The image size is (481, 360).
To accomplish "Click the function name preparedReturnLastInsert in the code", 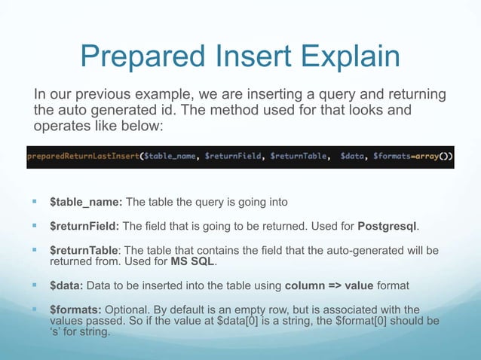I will pos(80,156).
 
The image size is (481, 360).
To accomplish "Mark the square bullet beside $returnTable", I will pos(35,250).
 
